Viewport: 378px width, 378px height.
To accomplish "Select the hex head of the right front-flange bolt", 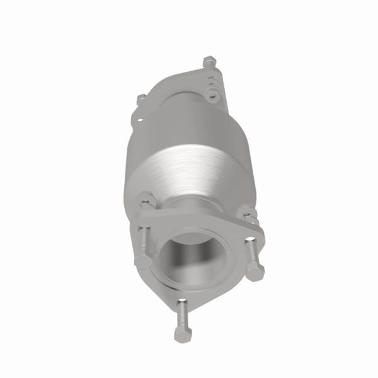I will (255, 272).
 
